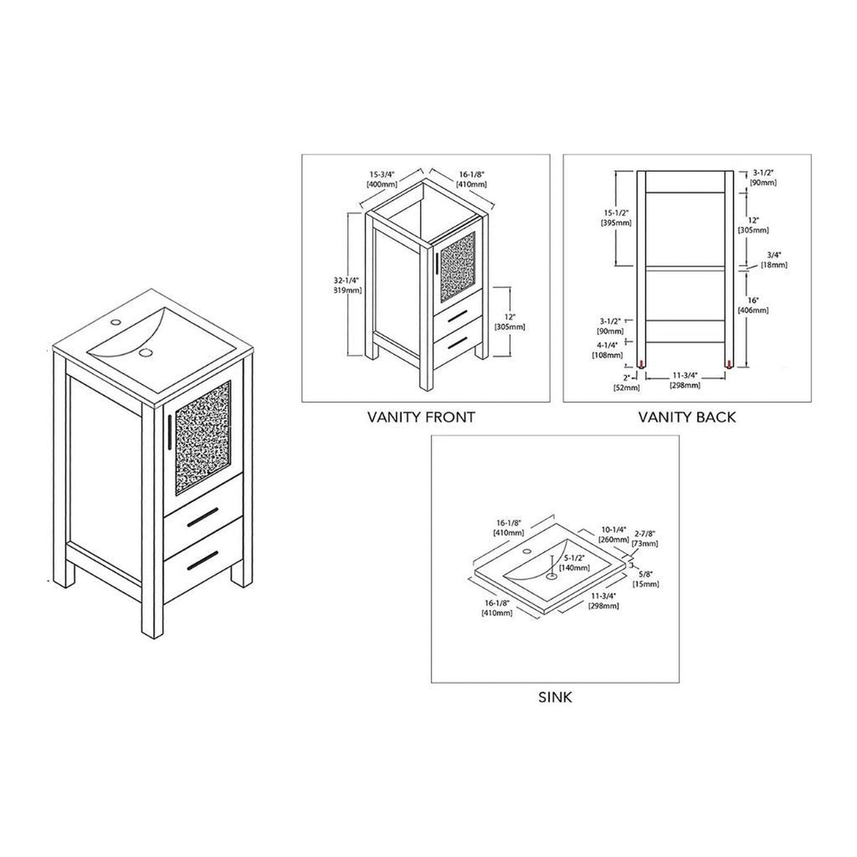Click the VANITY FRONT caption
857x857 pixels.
(420, 417)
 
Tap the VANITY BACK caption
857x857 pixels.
(686, 417)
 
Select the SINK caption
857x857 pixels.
(555, 697)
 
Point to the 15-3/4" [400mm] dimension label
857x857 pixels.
(382, 179)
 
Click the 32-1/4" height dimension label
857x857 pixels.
(347, 285)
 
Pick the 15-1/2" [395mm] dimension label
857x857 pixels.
(616, 218)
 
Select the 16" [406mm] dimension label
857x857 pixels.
(753, 305)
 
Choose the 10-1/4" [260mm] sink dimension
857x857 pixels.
(614, 534)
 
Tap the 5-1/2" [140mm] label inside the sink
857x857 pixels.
(576, 563)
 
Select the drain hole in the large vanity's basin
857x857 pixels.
(146, 354)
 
